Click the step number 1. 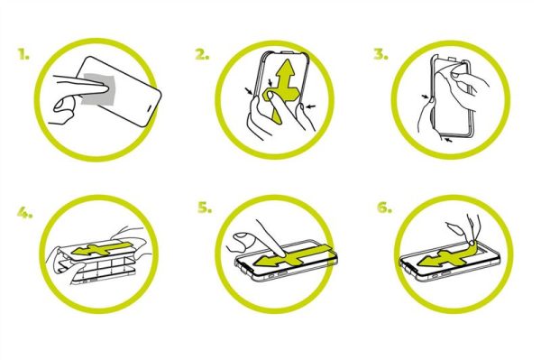pyautogui.click(x=23, y=54)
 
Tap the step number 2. pyautogui.click(x=202, y=54)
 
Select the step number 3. pyautogui.click(x=381, y=54)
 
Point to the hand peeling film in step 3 pyautogui.click(x=462, y=84)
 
